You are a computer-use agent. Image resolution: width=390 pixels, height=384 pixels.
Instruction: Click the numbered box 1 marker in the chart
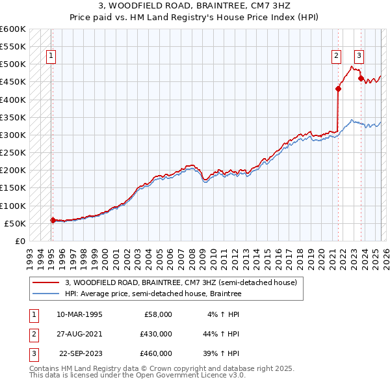(x=51, y=56)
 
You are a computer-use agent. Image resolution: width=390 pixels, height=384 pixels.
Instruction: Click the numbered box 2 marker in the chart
(x=337, y=56)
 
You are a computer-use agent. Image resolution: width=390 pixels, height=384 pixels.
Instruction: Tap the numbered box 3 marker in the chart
(x=359, y=56)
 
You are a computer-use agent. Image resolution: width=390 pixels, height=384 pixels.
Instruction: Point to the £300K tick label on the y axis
(x=13, y=135)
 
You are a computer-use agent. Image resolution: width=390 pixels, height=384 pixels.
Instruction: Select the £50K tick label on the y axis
(x=15, y=223)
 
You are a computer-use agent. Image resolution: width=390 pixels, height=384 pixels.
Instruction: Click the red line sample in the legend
(x=45, y=282)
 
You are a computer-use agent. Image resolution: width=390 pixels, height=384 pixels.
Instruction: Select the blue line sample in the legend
(x=45, y=294)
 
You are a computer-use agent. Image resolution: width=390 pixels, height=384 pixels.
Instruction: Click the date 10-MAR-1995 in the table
(x=79, y=314)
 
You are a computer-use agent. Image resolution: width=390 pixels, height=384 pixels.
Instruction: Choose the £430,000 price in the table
(x=155, y=334)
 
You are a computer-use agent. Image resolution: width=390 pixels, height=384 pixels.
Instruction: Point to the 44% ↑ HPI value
(x=221, y=334)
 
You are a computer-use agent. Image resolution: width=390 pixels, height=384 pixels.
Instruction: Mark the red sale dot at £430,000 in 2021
(x=338, y=89)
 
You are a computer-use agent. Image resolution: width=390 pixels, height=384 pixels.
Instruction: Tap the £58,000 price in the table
(x=157, y=314)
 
